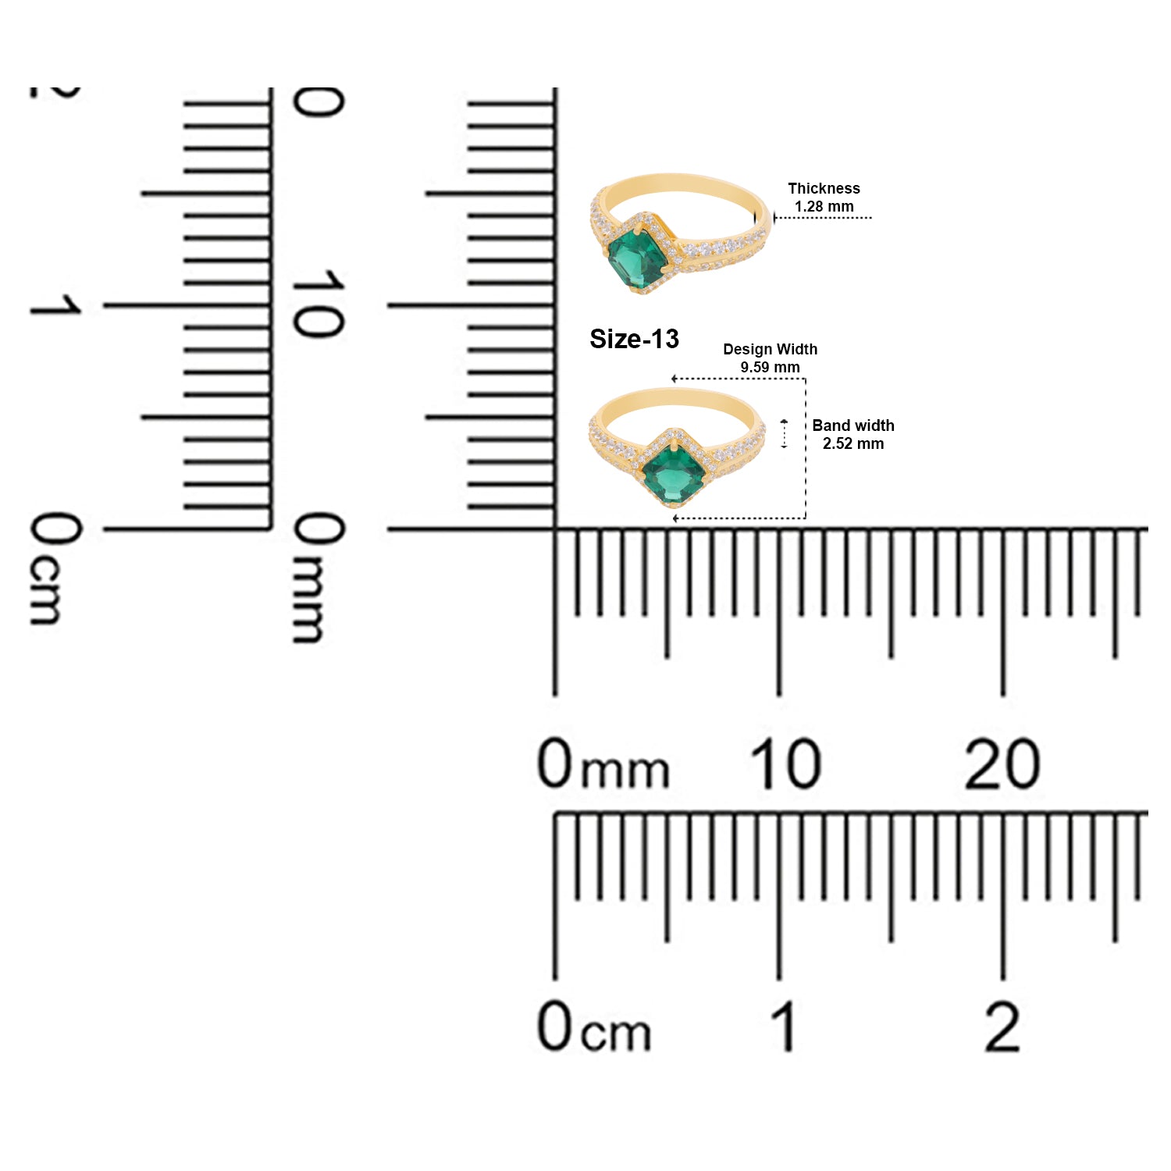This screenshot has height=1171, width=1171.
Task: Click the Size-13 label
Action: coord(634,339)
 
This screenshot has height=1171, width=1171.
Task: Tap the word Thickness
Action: coord(824,188)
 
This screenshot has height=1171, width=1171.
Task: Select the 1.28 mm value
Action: coord(824,206)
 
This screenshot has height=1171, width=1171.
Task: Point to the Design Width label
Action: coord(770,349)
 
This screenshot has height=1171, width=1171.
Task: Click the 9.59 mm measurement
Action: coord(770,367)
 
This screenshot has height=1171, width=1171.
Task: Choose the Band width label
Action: coord(853,425)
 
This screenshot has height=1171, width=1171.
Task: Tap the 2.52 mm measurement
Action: coord(853,443)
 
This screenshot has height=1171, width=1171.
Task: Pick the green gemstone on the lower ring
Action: coord(673,472)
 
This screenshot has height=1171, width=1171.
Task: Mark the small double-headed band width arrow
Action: coord(785,434)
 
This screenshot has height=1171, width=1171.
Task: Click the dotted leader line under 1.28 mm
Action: coord(823,218)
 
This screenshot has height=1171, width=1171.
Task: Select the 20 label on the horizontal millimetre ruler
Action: coord(1002,763)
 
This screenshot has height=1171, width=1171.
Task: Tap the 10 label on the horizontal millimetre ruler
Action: coord(785,763)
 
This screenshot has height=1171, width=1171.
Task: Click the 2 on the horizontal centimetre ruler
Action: coord(1002,1026)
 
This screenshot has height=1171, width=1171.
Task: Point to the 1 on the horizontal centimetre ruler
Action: coord(784,1026)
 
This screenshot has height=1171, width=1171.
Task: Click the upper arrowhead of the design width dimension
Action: coord(674,379)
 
